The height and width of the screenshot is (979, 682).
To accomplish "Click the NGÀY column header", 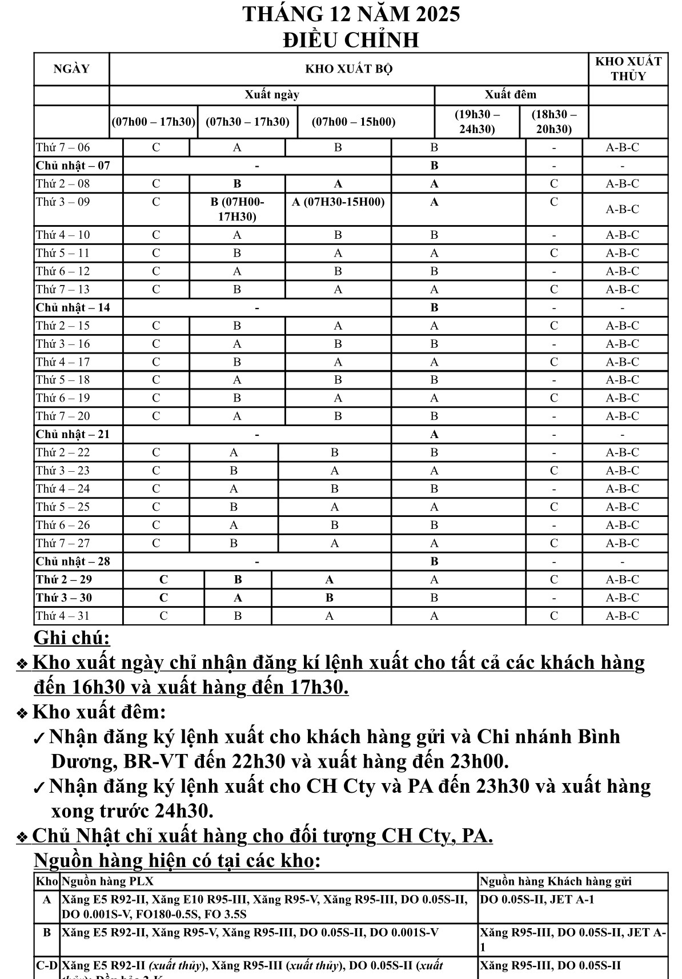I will (x=71, y=69).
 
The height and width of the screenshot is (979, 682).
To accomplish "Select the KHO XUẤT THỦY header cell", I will (x=628, y=69).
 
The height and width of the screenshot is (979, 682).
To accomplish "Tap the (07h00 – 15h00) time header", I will (x=354, y=122).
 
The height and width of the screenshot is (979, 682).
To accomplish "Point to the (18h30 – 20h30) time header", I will (x=553, y=122).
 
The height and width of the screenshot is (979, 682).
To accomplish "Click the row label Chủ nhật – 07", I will (x=73, y=166).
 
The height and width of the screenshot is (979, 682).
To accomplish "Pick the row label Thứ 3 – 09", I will (x=63, y=202).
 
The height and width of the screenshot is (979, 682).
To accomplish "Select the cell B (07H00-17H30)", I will (x=237, y=209).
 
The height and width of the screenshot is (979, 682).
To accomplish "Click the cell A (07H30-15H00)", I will (x=338, y=202).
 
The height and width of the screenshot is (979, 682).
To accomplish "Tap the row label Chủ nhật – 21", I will (x=73, y=435).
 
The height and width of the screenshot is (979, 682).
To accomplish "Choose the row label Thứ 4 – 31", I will (x=63, y=616).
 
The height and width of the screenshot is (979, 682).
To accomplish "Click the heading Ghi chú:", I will (x=72, y=637).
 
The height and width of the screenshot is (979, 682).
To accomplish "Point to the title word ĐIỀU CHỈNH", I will (x=351, y=40).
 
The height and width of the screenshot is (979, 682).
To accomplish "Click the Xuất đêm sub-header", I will (x=511, y=95).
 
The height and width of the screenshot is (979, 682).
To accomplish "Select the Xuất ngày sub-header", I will (x=272, y=95).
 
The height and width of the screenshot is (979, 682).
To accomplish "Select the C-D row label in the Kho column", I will (x=47, y=966).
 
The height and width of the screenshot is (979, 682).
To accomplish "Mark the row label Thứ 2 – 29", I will (x=64, y=580).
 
